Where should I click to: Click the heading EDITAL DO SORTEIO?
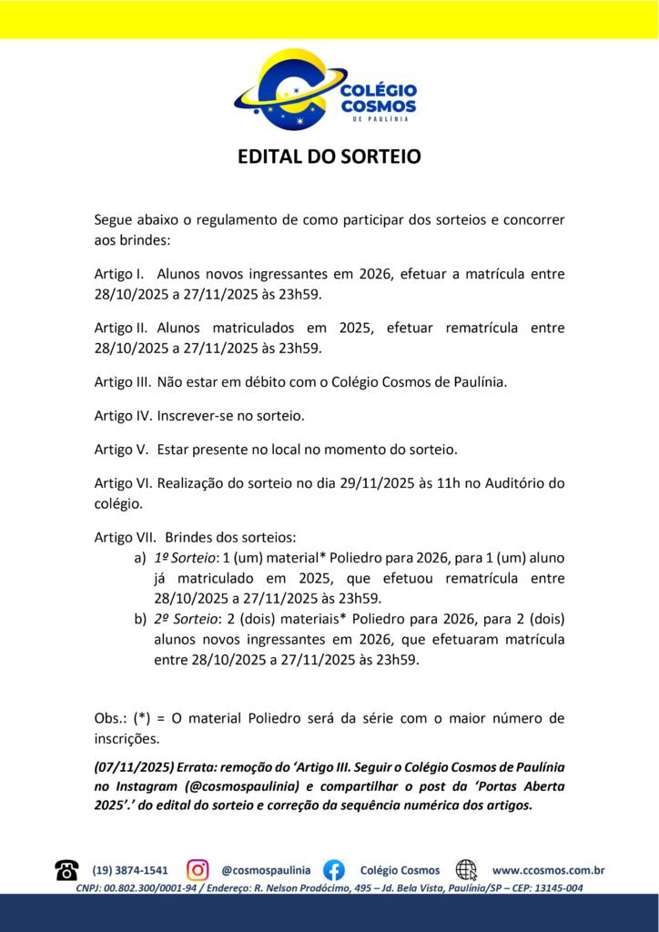point(329,157)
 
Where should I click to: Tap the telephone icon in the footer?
point(66,870)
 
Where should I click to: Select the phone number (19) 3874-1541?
point(130,870)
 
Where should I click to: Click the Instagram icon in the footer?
point(198,870)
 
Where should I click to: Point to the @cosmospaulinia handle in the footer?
point(266,870)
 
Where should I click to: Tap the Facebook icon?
point(334,870)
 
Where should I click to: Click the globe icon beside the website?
point(466,870)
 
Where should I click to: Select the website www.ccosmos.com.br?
point(548,870)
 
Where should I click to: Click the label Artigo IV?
point(124,416)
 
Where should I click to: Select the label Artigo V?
point(121,450)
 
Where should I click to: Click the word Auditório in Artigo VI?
point(512,482)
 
